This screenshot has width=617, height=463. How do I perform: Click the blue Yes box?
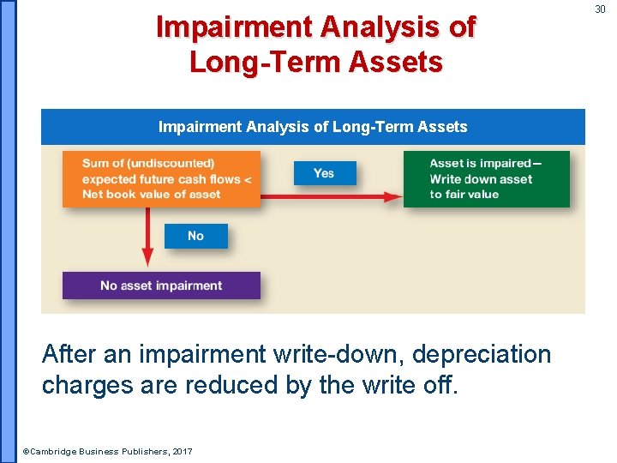click(x=324, y=173)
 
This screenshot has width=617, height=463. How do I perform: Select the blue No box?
click(x=195, y=236)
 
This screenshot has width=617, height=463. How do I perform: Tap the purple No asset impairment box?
click(x=161, y=286)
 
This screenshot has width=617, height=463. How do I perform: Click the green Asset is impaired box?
click(x=486, y=179)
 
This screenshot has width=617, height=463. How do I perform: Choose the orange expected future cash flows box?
click(x=161, y=179)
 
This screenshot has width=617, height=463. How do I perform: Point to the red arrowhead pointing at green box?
click(x=393, y=196)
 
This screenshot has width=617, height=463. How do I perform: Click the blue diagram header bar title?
click(x=313, y=127)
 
